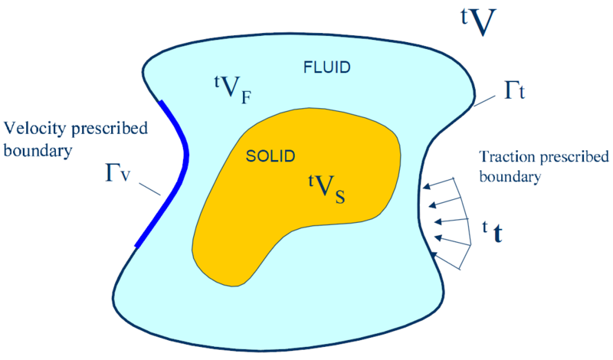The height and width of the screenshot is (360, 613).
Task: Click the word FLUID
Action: [x=324, y=67]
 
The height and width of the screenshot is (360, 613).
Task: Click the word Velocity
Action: [x=30, y=126]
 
